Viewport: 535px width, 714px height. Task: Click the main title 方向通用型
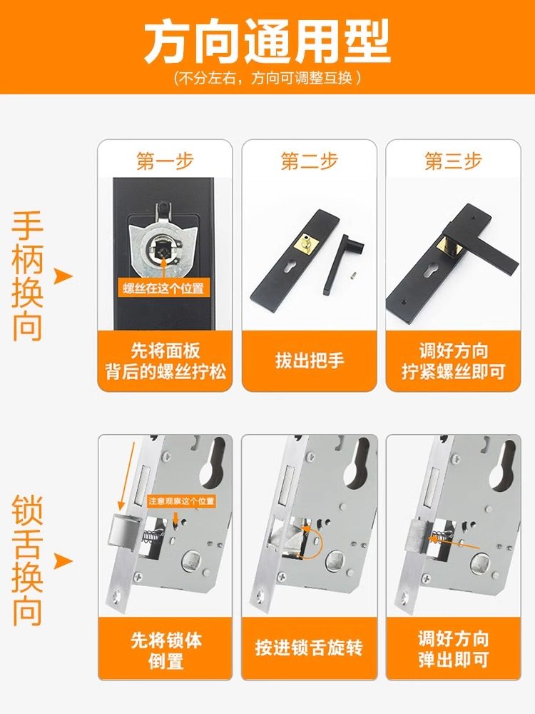coord(267,41)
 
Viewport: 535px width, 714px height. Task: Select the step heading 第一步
coord(165,161)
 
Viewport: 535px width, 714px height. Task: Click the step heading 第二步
coord(309,161)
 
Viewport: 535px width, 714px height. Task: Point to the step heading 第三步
coord(453,161)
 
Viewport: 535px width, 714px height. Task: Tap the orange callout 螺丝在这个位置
coord(165,288)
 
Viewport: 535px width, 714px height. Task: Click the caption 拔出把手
coord(309,360)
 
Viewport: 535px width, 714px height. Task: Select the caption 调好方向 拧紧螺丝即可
coord(453,361)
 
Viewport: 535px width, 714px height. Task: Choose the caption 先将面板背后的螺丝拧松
coord(165,361)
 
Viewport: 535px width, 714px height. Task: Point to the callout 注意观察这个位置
coord(181,501)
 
